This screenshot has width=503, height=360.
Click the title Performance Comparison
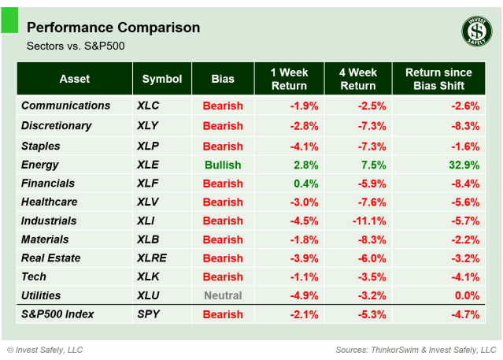[113, 28]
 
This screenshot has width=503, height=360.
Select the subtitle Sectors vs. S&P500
[76, 46]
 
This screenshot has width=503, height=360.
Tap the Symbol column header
[162, 79]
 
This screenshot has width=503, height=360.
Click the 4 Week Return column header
[358, 79]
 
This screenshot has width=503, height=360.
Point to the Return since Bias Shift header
[439, 79]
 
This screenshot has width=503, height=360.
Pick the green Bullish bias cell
[223, 165]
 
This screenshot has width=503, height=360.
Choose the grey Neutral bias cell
[223, 295]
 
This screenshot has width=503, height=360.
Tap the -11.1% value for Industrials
[369, 221]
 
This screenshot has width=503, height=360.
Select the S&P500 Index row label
[57, 314]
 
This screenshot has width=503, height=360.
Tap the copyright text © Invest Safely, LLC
[45, 349]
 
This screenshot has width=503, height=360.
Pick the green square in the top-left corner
[9, 21]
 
